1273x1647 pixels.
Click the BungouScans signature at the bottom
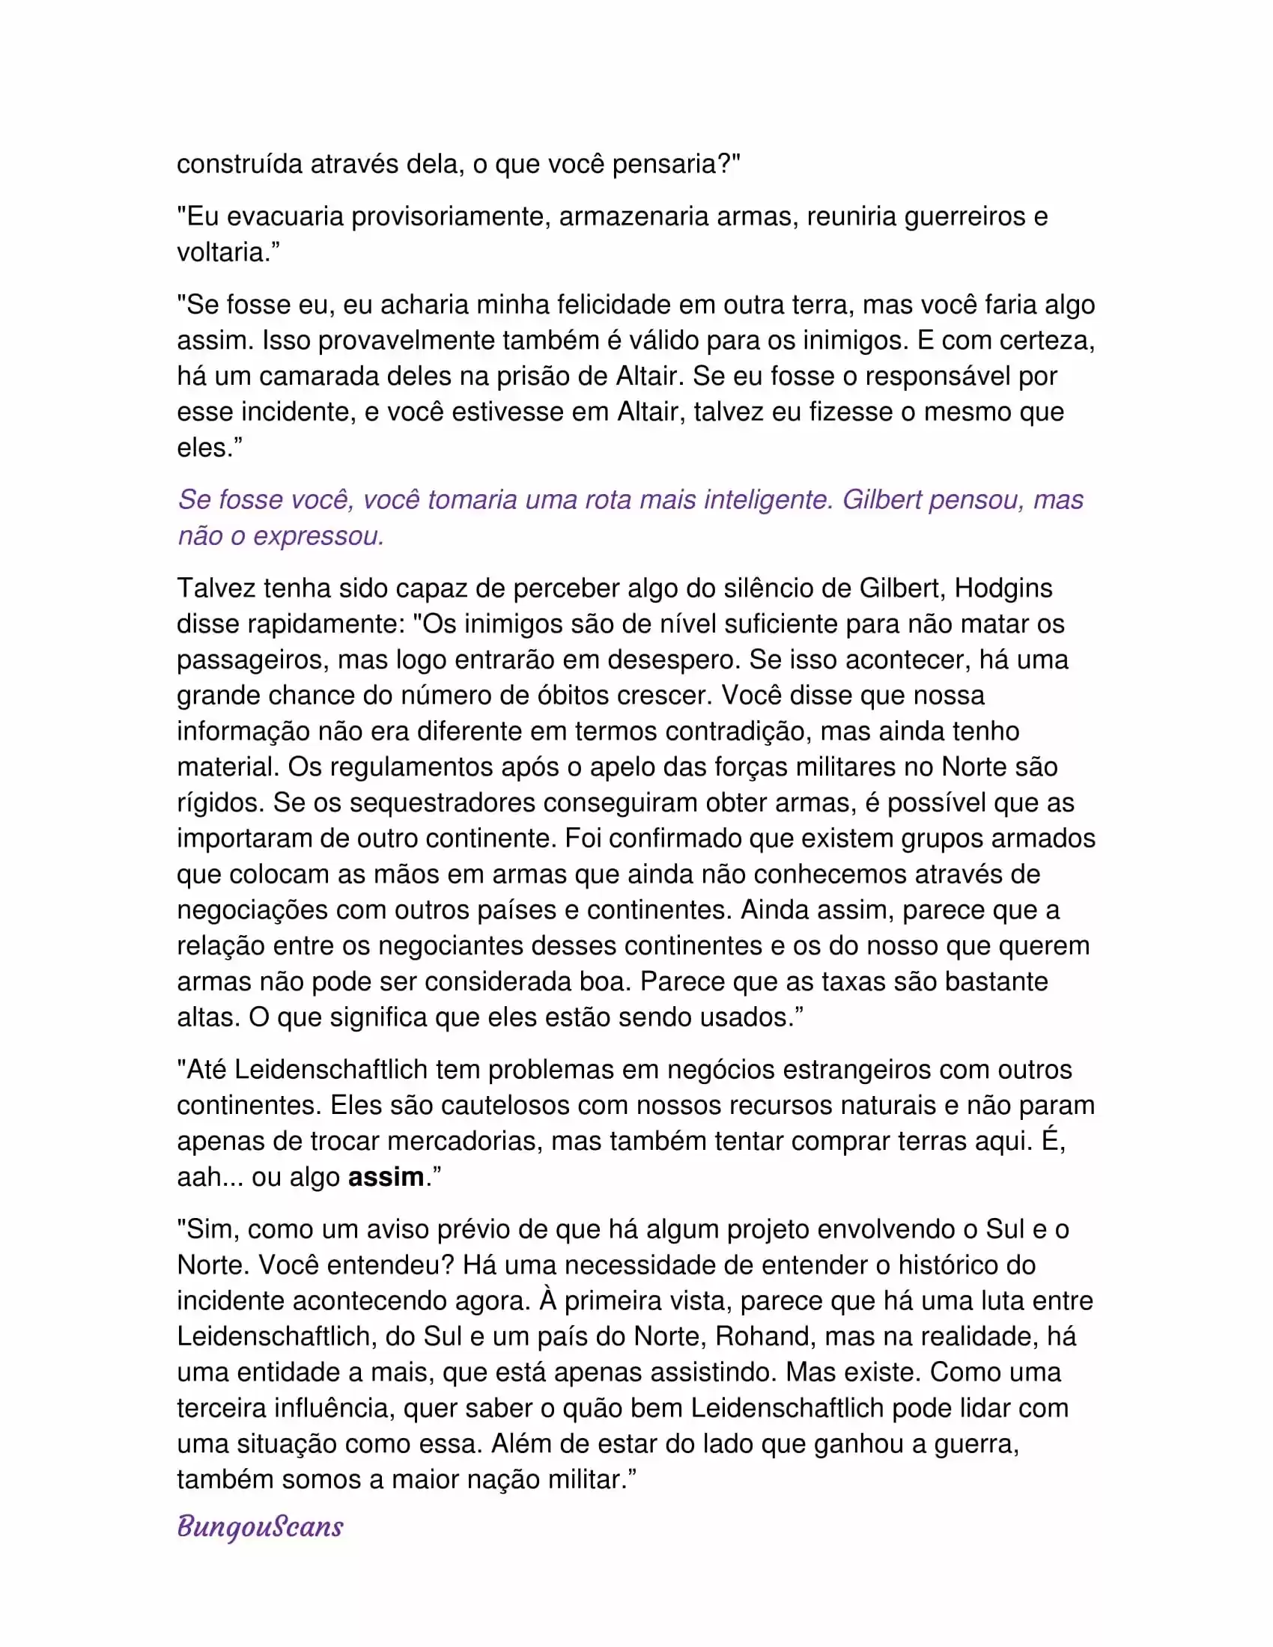click(x=260, y=1526)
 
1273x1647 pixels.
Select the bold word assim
click(x=386, y=1176)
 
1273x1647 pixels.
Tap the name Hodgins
click(x=1003, y=588)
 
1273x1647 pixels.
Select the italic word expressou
click(x=318, y=535)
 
